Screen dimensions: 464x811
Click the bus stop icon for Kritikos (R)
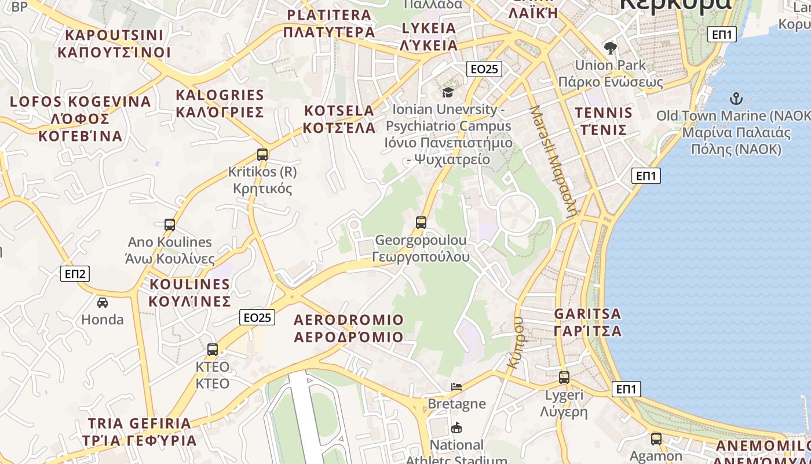tap(262, 155)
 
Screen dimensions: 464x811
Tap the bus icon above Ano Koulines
tap(170, 224)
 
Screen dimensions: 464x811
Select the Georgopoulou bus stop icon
tap(421, 222)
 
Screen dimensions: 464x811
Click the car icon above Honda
tap(103, 302)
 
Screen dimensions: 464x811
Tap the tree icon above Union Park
tap(610, 48)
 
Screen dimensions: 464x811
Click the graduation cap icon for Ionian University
tap(448, 92)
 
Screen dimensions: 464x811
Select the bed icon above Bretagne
tap(456, 386)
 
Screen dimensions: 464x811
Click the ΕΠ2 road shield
tap(75, 274)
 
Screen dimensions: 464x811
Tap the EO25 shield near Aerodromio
tap(257, 317)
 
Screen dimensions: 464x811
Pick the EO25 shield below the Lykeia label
tap(484, 69)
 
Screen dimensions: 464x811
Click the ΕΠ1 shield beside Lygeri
tap(626, 389)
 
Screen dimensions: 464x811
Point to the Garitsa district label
tap(587, 322)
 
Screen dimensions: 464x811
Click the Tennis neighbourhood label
tap(603, 121)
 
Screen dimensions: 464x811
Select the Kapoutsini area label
tap(114, 43)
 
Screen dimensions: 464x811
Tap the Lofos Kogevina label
tap(81, 118)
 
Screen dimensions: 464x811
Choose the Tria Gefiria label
tap(140, 432)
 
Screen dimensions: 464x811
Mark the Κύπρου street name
tap(514, 342)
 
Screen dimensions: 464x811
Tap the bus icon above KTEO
tap(213, 350)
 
